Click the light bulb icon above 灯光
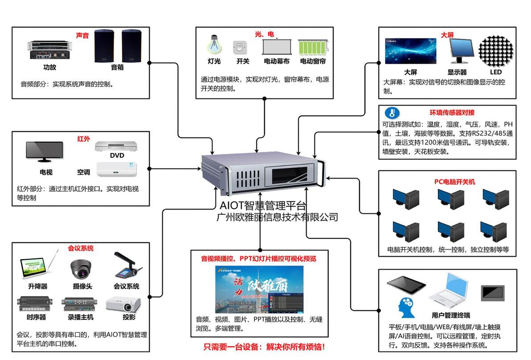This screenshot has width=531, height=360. click(x=213, y=45)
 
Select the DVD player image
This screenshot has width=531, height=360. click(x=117, y=146)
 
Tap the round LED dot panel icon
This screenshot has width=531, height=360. click(x=496, y=49)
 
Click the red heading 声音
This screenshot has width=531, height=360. click(x=82, y=35)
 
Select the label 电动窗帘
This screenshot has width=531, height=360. click(x=313, y=61)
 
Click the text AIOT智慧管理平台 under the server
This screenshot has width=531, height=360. click(x=263, y=206)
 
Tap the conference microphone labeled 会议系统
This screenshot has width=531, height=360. click(x=127, y=266)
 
